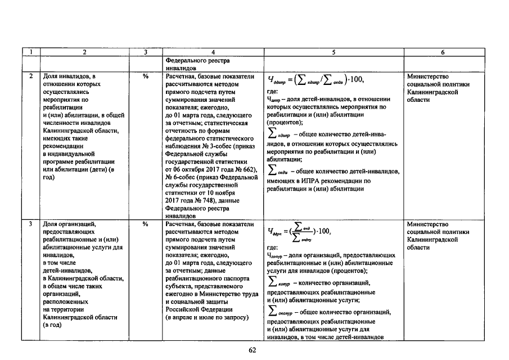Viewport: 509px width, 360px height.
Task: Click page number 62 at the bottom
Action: pos(253,350)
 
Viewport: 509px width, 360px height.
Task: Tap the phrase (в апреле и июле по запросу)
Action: pos(206,317)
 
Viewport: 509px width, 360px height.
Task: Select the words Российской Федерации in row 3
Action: pos(199,309)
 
